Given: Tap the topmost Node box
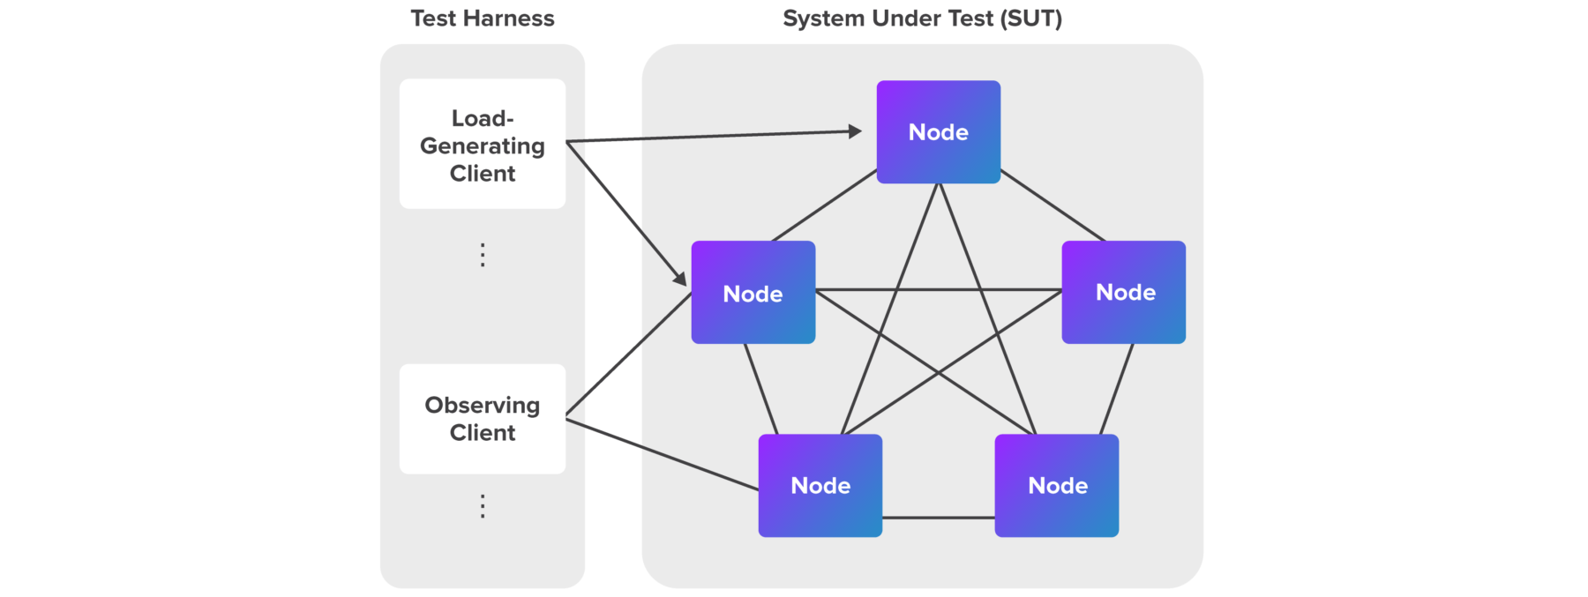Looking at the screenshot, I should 938,132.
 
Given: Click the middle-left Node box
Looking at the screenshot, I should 753,293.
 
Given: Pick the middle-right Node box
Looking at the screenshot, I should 1123,292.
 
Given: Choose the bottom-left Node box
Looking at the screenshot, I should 820,485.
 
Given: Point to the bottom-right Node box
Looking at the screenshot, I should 1056,485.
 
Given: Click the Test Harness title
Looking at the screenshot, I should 482,19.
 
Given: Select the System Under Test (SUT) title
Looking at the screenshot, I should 922,19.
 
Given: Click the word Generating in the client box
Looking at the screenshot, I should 482,146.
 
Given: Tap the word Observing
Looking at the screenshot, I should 482,405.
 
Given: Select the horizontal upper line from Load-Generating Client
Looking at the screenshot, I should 613,139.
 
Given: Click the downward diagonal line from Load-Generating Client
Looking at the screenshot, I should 614,199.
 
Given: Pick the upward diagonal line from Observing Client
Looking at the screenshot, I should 614,368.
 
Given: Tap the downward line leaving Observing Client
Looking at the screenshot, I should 614,437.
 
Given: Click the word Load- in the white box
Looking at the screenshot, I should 482,118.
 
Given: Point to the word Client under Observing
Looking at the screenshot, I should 482,433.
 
